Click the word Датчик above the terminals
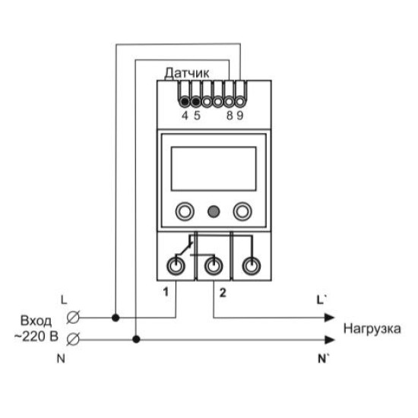(x=187, y=73)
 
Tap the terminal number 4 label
(x=185, y=116)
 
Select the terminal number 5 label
(x=197, y=116)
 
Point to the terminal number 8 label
(x=230, y=116)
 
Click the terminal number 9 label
(x=240, y=116)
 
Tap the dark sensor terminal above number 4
(x=185, y=102)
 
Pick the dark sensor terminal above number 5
(x=196, y=102)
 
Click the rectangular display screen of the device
(x=214, y=169)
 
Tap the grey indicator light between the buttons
(x=214, y=212)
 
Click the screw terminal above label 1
(x=176, y=266)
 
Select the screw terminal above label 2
(x=214, y=266)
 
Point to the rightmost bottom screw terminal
(x=251, y=266)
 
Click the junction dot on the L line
(x=116, y=318)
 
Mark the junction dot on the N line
(x=136, y=340)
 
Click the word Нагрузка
(x=372, y=328)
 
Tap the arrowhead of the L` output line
(x=330, y=318)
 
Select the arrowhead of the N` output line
(x=330, y=340)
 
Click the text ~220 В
(x=36, y=337)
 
